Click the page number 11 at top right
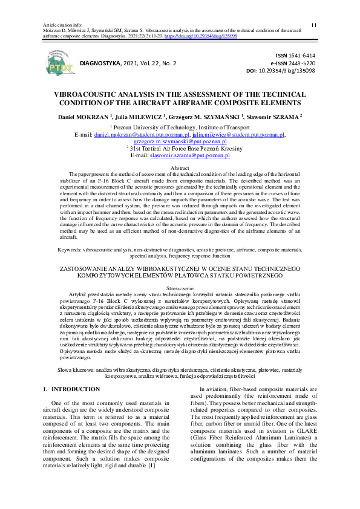tap(313, 25)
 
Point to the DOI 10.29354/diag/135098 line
tap(289, 70)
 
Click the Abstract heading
tap(180, 167)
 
